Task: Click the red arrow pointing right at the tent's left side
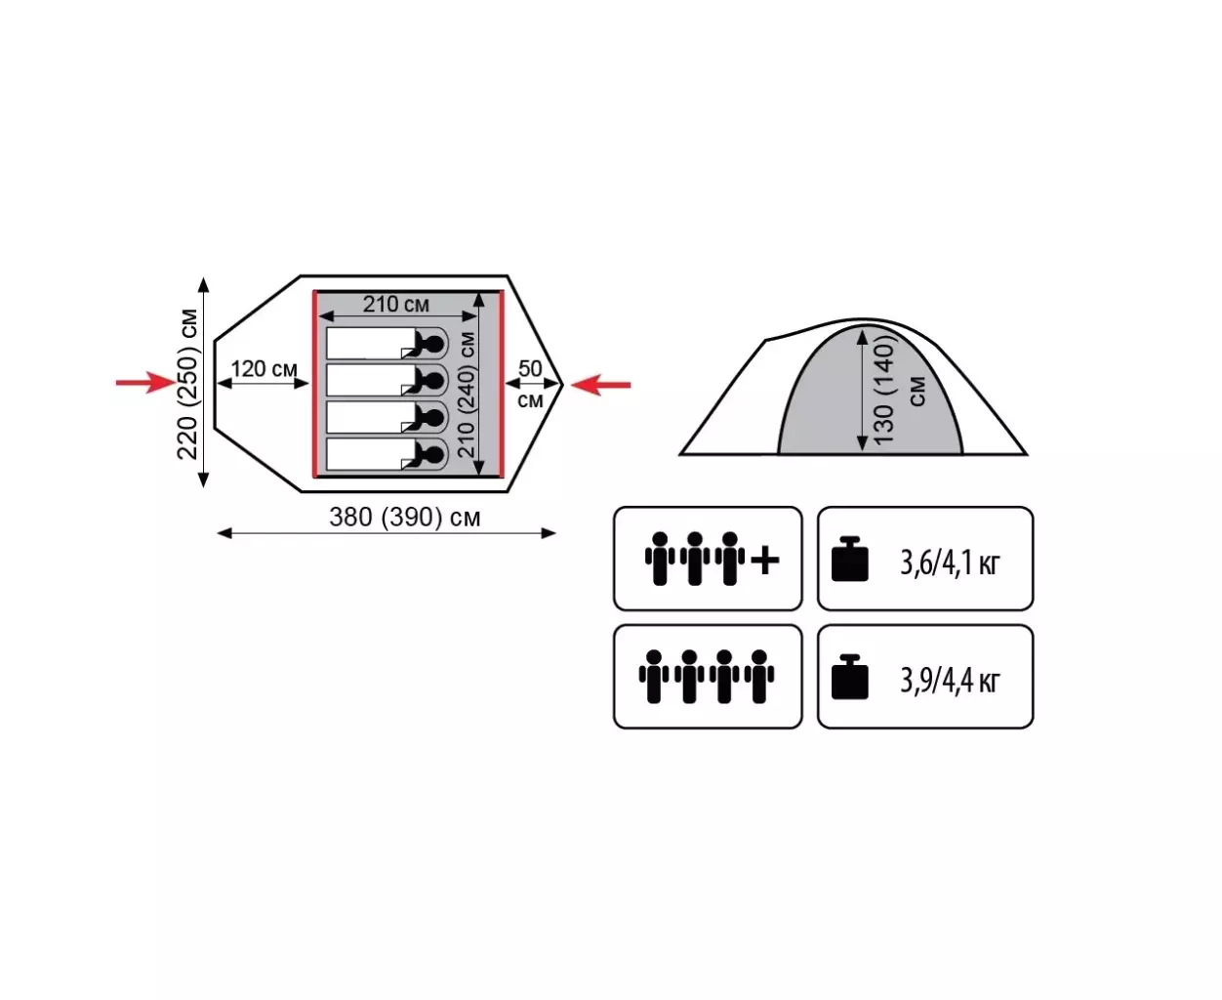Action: click(146, 383)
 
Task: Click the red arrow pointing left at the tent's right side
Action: click(601, 385)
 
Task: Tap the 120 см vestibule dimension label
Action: click(265, 369)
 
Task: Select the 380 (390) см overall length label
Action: click(404, 518)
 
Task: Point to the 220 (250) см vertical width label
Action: click(187, 384)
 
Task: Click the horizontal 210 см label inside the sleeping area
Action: click(396, 304)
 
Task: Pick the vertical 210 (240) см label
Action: click(467, 395)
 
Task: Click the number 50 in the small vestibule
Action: click(530, 369)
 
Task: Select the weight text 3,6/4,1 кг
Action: click(950, 562)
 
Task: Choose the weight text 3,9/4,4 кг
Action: click(950, 681)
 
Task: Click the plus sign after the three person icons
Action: click(765, 561)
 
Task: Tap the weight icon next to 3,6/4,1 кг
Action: click(849, 559)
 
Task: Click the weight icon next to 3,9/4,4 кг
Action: click(849, 677)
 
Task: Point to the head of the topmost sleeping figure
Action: click(433, 345)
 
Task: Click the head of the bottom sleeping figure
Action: click(433, 454)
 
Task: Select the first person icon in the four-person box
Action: click(654, 677)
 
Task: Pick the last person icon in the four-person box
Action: click(759, 677)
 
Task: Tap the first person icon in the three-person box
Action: click(660, 559)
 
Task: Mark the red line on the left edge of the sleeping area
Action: click(315, 385)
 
